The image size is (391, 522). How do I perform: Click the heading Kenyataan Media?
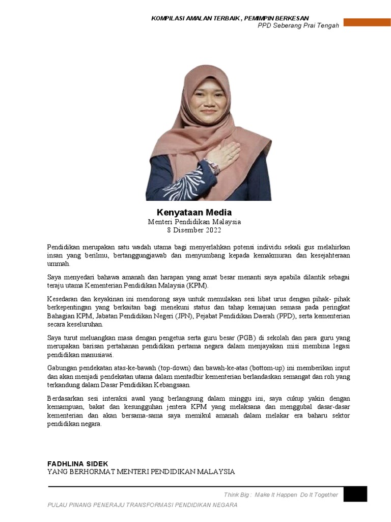point(194,212)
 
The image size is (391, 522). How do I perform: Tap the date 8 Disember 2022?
point(194,230)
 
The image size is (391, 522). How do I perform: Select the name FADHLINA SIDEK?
point(77,463)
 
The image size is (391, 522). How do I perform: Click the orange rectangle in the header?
point(367,22)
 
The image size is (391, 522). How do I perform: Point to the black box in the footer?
point(355,494)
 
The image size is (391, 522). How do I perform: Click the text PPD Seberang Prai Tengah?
point(298,25)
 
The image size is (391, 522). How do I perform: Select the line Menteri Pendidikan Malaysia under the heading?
point(194,222)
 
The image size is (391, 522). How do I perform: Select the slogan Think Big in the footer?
point(237,494)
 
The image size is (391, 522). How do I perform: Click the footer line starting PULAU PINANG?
point(142,505)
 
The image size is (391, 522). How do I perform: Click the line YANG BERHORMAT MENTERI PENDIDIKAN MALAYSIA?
point(141,472)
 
